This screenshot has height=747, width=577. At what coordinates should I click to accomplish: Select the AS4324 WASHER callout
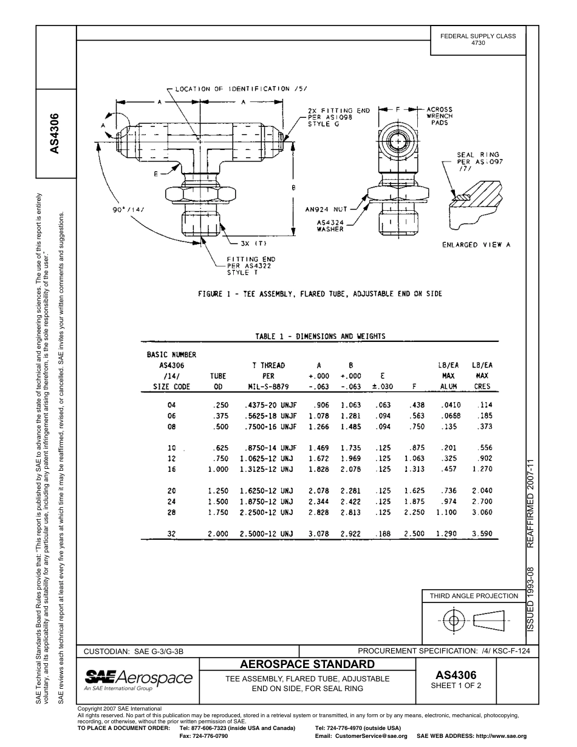(x=330, y=226)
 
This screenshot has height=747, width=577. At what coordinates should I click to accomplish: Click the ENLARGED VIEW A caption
(x=476, y=245)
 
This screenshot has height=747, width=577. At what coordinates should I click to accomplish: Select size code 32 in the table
(x=171, y=534)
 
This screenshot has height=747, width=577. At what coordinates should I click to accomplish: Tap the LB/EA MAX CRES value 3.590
(x=482, y=534)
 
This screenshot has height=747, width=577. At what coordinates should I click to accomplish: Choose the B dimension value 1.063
(x=351, y=405)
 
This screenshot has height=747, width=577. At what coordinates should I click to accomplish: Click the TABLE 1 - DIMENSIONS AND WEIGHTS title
(x=320, y=336)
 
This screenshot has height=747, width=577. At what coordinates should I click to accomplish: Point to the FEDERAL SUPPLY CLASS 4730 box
(x=478, y=39)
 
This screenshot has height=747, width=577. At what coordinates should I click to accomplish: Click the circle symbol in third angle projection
(x=452, y=620)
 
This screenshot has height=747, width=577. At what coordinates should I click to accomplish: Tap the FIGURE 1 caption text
(x=320, y=294)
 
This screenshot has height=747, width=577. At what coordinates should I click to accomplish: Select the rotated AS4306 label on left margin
(x=55, y=133)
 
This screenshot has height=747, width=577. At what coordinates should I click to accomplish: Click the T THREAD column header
(x=268, y=366)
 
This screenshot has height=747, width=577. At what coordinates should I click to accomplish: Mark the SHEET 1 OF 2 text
(x=456, y=686)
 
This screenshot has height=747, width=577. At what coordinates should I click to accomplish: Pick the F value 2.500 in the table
(x=414, y=534)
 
